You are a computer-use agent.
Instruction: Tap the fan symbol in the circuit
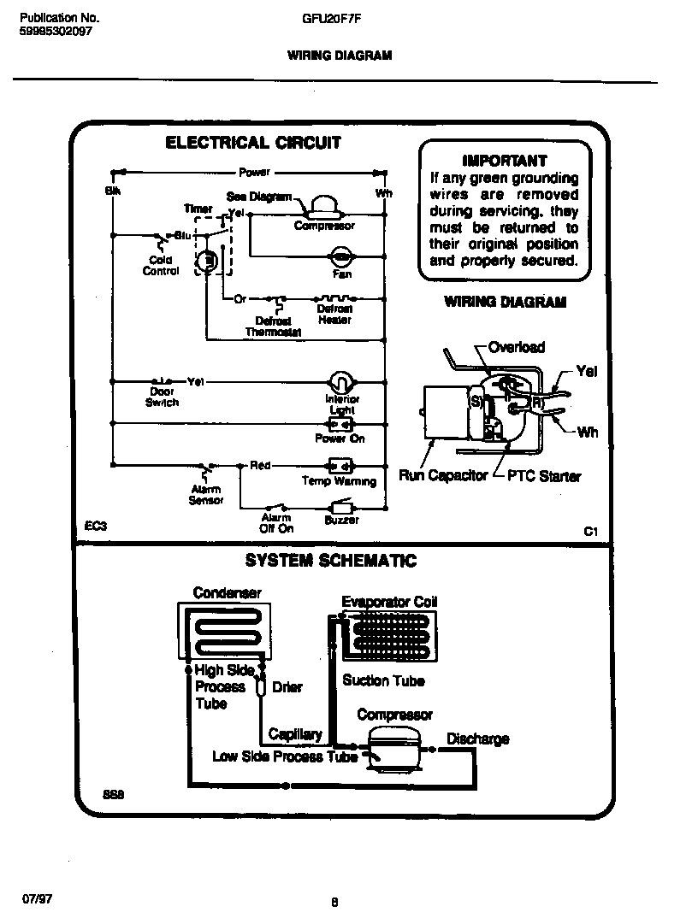pyautogui.click(x=340, y=256)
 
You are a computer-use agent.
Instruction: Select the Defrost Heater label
pyautogui.click(x=334, y=314)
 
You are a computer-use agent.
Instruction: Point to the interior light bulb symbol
pyautogui.click(x=341, y=381)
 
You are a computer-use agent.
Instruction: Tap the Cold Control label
pyautogui.click(x=161, y=265)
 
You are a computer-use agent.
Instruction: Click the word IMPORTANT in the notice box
pyautogui.click(x=504, y=160)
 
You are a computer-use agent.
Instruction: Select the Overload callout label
pyautogui.click(x=516, y=347)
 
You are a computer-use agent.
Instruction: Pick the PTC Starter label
pyautogui.click(x=544, y=475)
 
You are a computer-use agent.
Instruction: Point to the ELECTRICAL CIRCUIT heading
pyautogui.click(x=252, y=143)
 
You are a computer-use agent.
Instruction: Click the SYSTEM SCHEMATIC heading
pyautogui.click(x=330, y=561)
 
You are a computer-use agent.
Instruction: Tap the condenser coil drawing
pyautogui.click(x=226, y=631)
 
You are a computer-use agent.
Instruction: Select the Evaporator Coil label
pyautogui.click(x=389, y=602)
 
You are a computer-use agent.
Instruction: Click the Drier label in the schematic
pyautogui.click(x=287, y=686)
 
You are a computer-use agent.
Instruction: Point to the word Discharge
pyautogui.click(x=477, y=739)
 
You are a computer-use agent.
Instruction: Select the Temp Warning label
pyautogui.click(x=339, y=481)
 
